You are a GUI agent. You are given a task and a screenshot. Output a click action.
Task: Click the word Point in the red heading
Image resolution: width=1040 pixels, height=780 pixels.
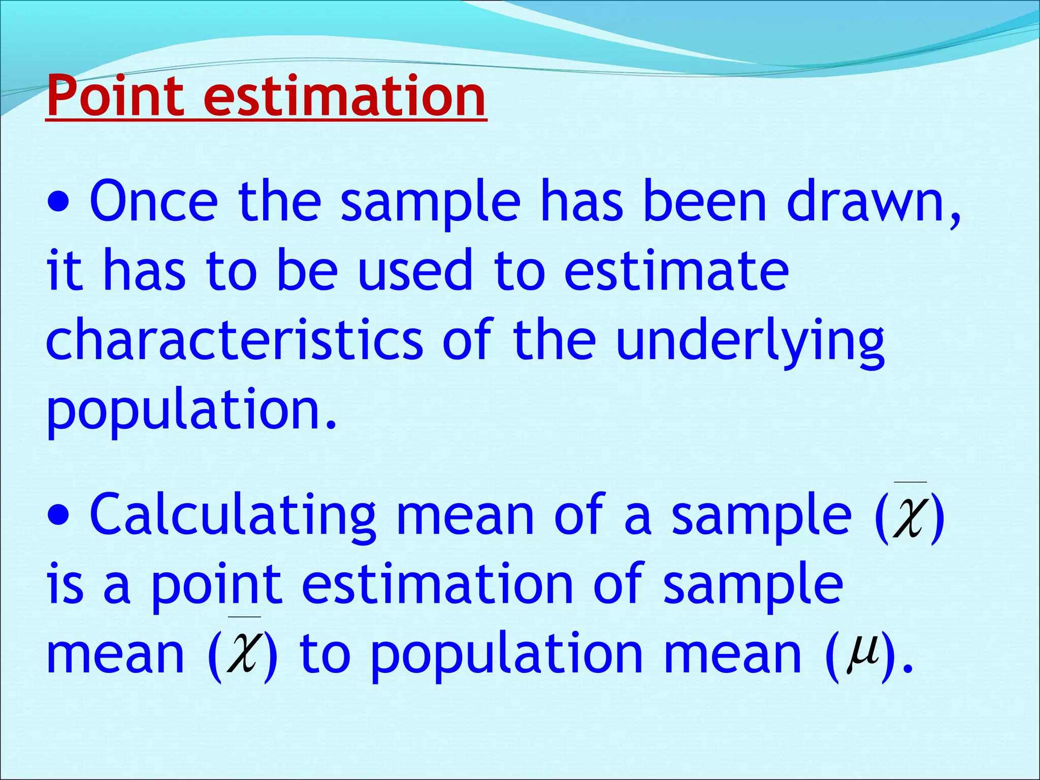(115, 96)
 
